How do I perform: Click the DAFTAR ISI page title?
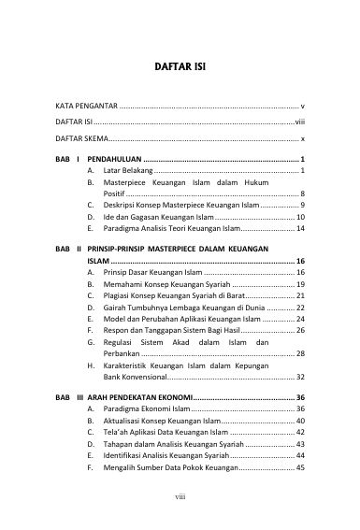point(180,68)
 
